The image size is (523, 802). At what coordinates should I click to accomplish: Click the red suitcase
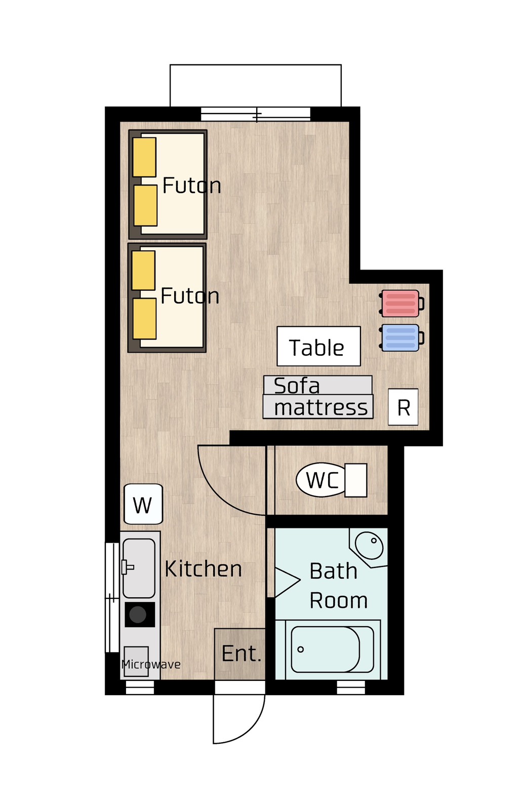(401, 303)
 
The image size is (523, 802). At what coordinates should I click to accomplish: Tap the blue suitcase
(401, 337)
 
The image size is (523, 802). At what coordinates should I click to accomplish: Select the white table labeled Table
(318, 346)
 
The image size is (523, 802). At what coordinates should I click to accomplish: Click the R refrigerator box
(403, 407)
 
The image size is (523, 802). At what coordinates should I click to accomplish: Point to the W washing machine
(143, 504)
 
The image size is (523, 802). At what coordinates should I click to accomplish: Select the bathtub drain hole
(301, 649)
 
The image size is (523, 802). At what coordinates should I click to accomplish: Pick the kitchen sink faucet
(127, 567)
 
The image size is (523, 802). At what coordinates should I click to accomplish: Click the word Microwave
(150, 665)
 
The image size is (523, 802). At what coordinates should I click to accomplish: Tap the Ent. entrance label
(242, 654)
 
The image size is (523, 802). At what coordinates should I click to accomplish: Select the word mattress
(321, 408)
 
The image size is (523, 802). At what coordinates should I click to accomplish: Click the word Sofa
(297, 386)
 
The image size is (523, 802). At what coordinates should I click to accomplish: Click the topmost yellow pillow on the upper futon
(144, 157)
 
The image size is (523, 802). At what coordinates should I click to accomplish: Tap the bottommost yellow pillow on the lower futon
(144, 319)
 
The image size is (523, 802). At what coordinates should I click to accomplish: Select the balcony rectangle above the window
(255, 86)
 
